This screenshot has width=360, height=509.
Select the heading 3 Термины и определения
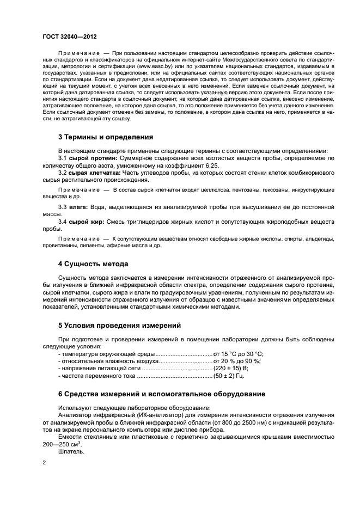click(x=105, y=137)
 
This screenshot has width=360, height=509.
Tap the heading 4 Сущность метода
click(x=93, y=264)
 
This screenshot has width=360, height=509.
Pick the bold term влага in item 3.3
click(x=77, y=207)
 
